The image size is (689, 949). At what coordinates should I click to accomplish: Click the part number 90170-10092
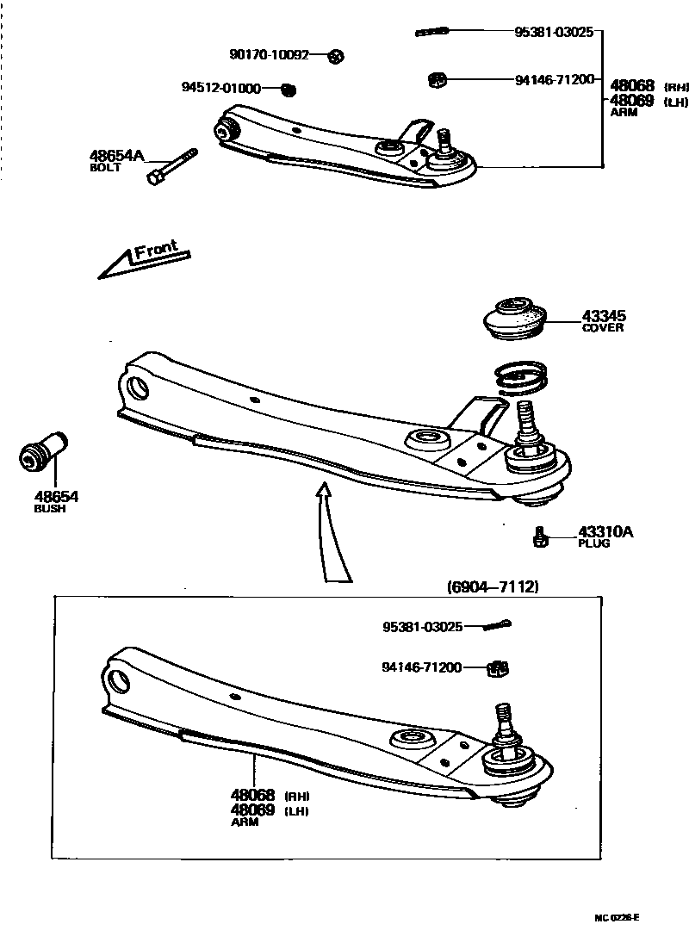click(x=269, y=55)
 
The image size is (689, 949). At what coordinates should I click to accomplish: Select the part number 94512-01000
click(x=220, y=88)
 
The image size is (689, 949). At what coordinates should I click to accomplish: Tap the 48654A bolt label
click(x=116, y=157)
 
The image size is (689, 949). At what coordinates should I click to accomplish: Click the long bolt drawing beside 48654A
click(x=173, y=166)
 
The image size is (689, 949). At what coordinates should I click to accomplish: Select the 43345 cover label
click(x=602, y=316)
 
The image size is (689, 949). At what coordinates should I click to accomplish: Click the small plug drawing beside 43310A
click(x=539, y=537)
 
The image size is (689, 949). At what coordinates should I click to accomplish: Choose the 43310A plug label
click(x=605, y=532)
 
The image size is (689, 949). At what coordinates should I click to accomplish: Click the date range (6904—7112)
click(x=493, y=587)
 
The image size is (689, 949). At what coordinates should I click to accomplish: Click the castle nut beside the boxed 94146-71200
click(x=498, y=667)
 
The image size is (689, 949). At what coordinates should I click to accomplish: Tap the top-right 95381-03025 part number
click(x=554, y=33)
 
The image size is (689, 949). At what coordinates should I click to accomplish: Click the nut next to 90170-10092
click(x=337, y=57)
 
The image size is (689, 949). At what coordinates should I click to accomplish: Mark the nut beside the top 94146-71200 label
click(x=437, y=81)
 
